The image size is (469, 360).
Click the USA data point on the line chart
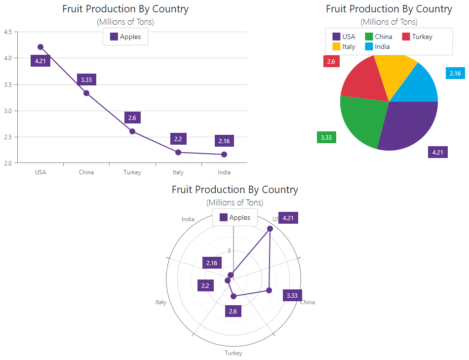(40, 47)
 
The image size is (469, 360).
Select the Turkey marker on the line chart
(132, 131)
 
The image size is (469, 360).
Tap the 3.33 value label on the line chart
(86, 80)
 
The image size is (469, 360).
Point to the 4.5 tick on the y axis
(8, 32)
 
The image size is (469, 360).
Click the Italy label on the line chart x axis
(178, 172)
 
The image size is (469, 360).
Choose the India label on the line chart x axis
(224, 172)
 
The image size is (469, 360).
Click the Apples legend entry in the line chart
(125, 37)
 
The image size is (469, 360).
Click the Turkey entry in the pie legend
(417, 37)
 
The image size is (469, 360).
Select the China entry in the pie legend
(379, 37)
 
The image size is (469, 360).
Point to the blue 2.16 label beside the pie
(455, 74)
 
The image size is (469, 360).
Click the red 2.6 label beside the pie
(331, 62)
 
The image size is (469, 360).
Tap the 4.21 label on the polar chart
(288, 218)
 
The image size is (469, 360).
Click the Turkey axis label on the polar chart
(234, 353)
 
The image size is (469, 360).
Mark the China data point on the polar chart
(269, 290)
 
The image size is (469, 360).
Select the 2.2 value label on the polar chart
(205, 285)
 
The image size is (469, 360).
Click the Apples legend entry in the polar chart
(235, 217)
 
